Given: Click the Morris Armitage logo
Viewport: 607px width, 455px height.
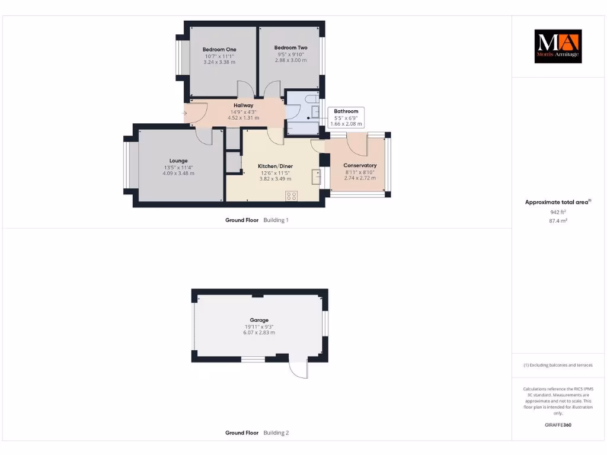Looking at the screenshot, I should tap(558, 47).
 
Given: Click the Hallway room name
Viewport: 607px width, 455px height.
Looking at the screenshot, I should tap(243, 105).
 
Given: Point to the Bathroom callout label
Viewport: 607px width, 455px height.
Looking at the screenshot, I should tap(346, 111).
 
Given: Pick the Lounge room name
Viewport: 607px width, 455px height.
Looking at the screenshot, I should tap(178, 161).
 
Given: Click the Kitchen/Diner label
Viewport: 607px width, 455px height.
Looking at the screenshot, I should tap(275, 166).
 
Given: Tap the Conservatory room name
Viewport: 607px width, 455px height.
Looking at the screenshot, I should tap(360, 165).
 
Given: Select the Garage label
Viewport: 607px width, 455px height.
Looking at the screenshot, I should tap(259, 320).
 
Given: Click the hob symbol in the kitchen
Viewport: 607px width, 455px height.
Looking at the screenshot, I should tap(292, 196).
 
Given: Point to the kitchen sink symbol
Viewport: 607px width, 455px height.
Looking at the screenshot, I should tap(317, 176).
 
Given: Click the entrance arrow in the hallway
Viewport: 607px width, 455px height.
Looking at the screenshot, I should tap(186, 113).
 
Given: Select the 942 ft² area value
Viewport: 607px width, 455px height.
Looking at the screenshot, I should tap(558, 212).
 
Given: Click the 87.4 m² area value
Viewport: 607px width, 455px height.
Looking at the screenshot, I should tap(558, 220).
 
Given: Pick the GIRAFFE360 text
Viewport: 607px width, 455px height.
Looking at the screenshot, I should tap(558, 425).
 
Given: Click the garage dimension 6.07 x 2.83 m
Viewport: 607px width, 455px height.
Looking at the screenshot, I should tap(259, 333).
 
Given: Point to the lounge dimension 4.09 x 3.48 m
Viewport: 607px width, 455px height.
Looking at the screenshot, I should tap(178, 173).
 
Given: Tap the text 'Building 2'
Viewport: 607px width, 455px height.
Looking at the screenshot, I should tap(276, 433).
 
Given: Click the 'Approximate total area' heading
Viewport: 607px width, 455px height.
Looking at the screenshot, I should tap(557, 202).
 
